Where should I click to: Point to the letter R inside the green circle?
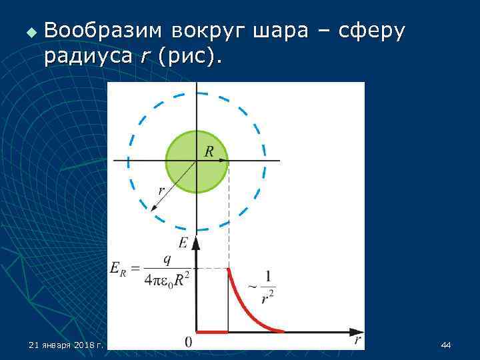pyautogui.click(x=209, y=152)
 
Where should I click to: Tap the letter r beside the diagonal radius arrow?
pyautogui.click(x=161, y=191)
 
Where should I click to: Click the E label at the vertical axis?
pyautogui.click(x=183, y=242)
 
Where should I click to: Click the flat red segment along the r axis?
pyautogui.click(x=212, y=331)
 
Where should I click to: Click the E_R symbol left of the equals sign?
pyautogui.click(x=117, y=269)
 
